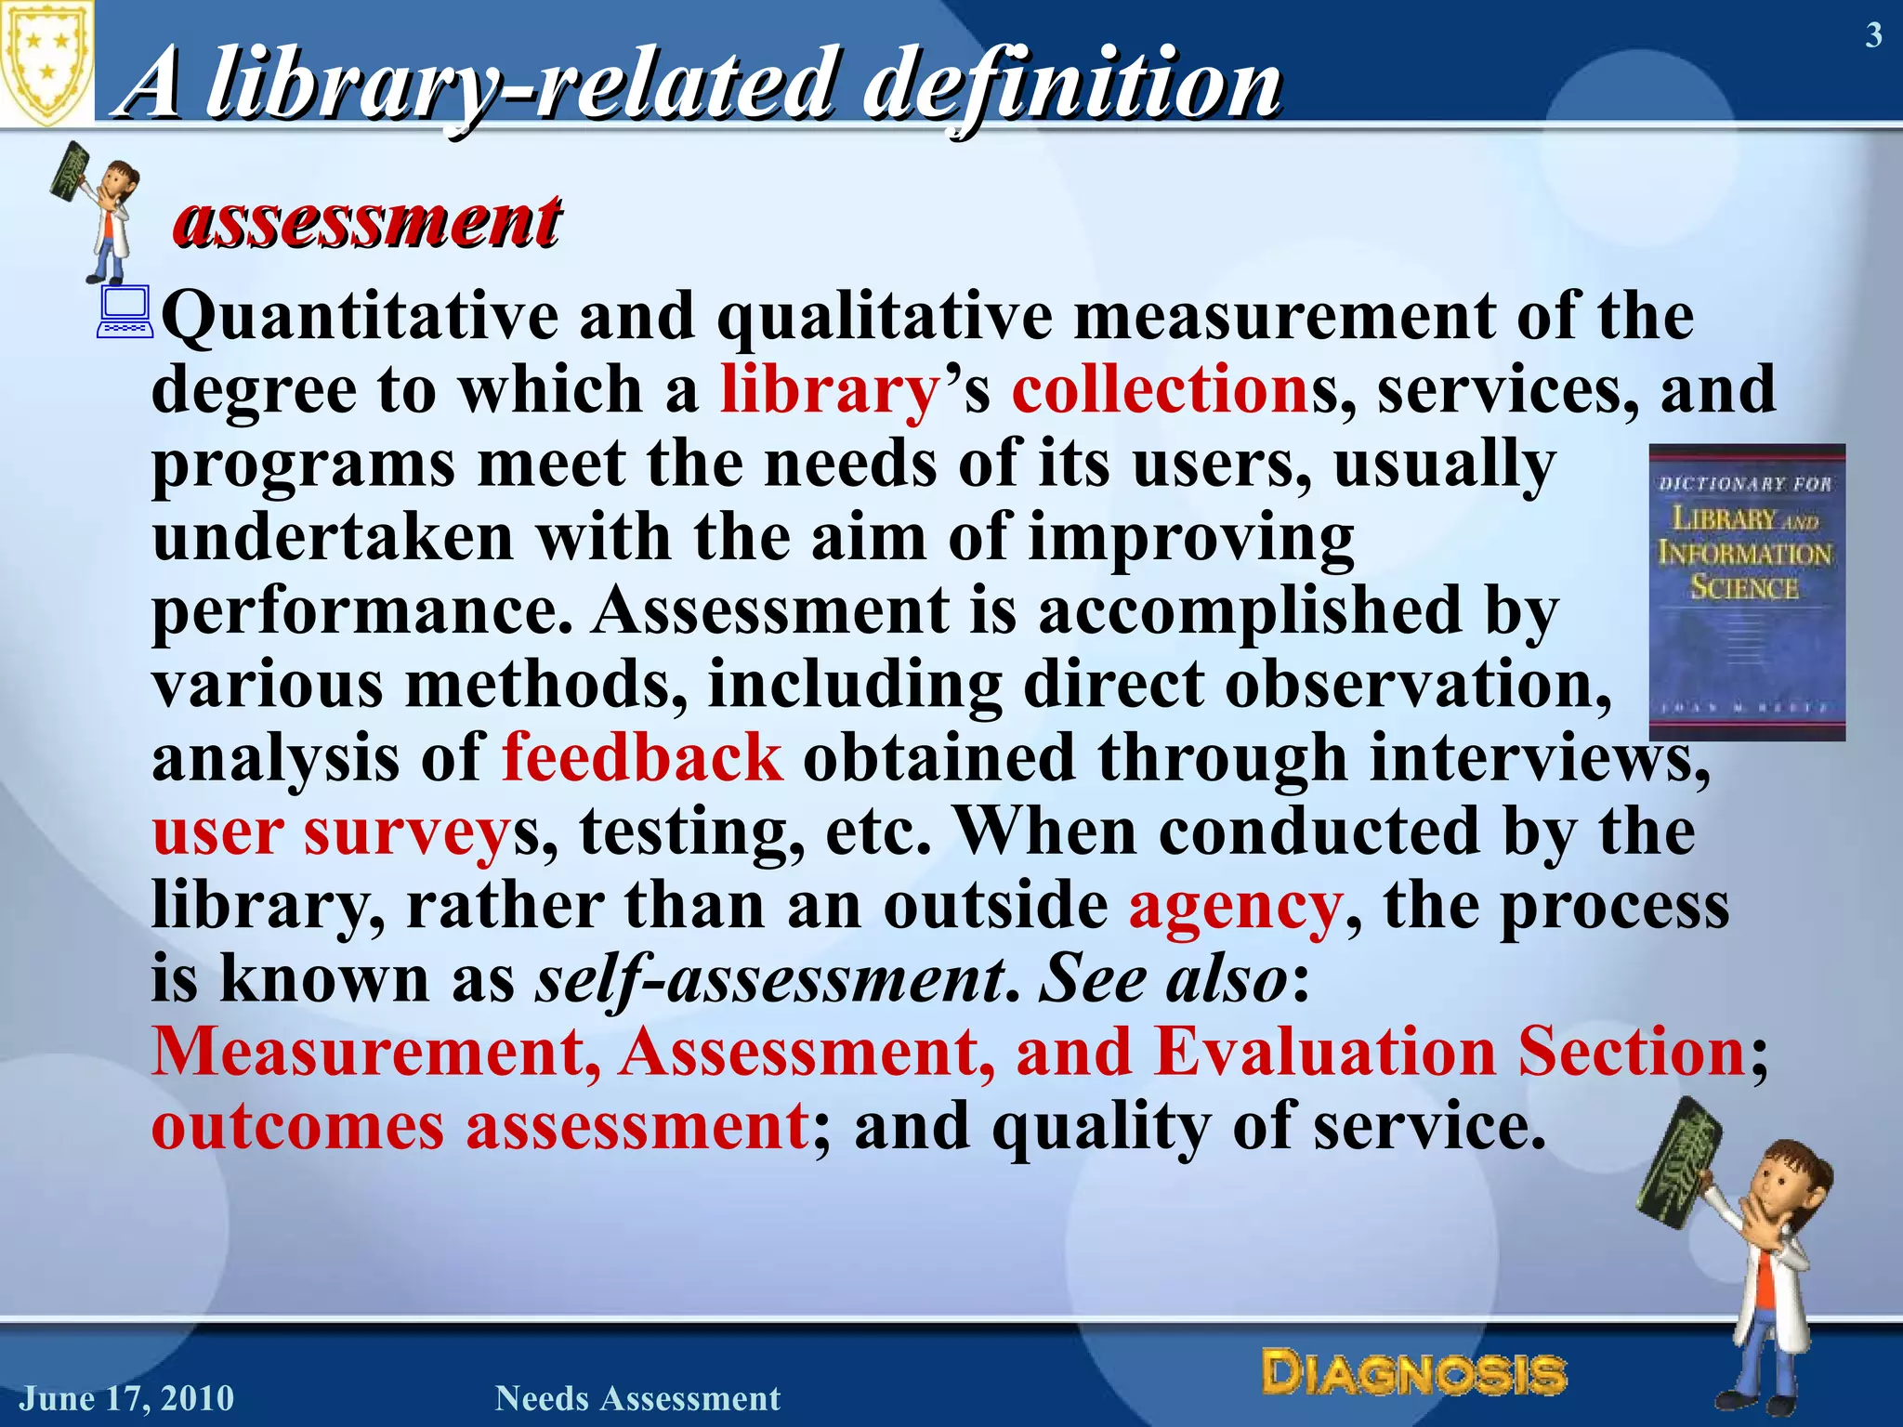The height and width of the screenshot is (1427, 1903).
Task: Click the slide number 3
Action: (x=1873, y=36)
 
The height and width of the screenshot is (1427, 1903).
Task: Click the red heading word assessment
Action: (x=367, y=222)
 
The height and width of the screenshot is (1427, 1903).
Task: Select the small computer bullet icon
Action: (x=125, y=312)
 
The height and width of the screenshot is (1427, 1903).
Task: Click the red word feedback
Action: (x=642, y=758)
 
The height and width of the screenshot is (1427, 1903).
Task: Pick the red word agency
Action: (x=1235, y=906)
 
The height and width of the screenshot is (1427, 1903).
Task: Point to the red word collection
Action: (x=1160, y=390)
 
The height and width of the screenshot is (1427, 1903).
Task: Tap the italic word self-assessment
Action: (x=770, y=979)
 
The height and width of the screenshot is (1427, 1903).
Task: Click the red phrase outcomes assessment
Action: (x=479, y=1127)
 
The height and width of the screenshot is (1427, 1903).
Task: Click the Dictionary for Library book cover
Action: (x=1746, y=592)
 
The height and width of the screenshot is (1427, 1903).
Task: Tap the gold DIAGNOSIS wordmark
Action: (x=1413, y=1373)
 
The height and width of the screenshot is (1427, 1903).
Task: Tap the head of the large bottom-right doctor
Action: (x=1788, y=1190)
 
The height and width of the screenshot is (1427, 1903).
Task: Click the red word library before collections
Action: (x=829, y=390)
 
